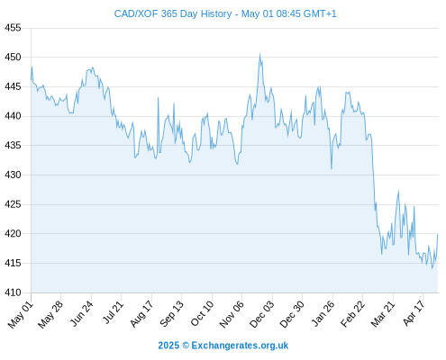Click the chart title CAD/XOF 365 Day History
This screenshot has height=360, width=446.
pos(173,13)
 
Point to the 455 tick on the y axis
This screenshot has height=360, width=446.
pos(13,28)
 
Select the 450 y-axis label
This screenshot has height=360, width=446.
pos(13,57)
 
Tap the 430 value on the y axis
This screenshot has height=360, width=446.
pos(13,175)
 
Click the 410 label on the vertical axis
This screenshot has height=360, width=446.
pos(13,292)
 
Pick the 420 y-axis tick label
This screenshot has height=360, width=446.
pos(13,233)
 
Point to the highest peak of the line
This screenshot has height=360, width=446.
pos(259,54)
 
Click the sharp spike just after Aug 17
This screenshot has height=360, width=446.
pos(159,97)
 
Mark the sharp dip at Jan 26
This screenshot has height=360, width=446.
pos(332,168)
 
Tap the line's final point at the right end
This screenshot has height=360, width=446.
pos(438,234)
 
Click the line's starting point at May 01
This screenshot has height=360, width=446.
pos(31,80)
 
